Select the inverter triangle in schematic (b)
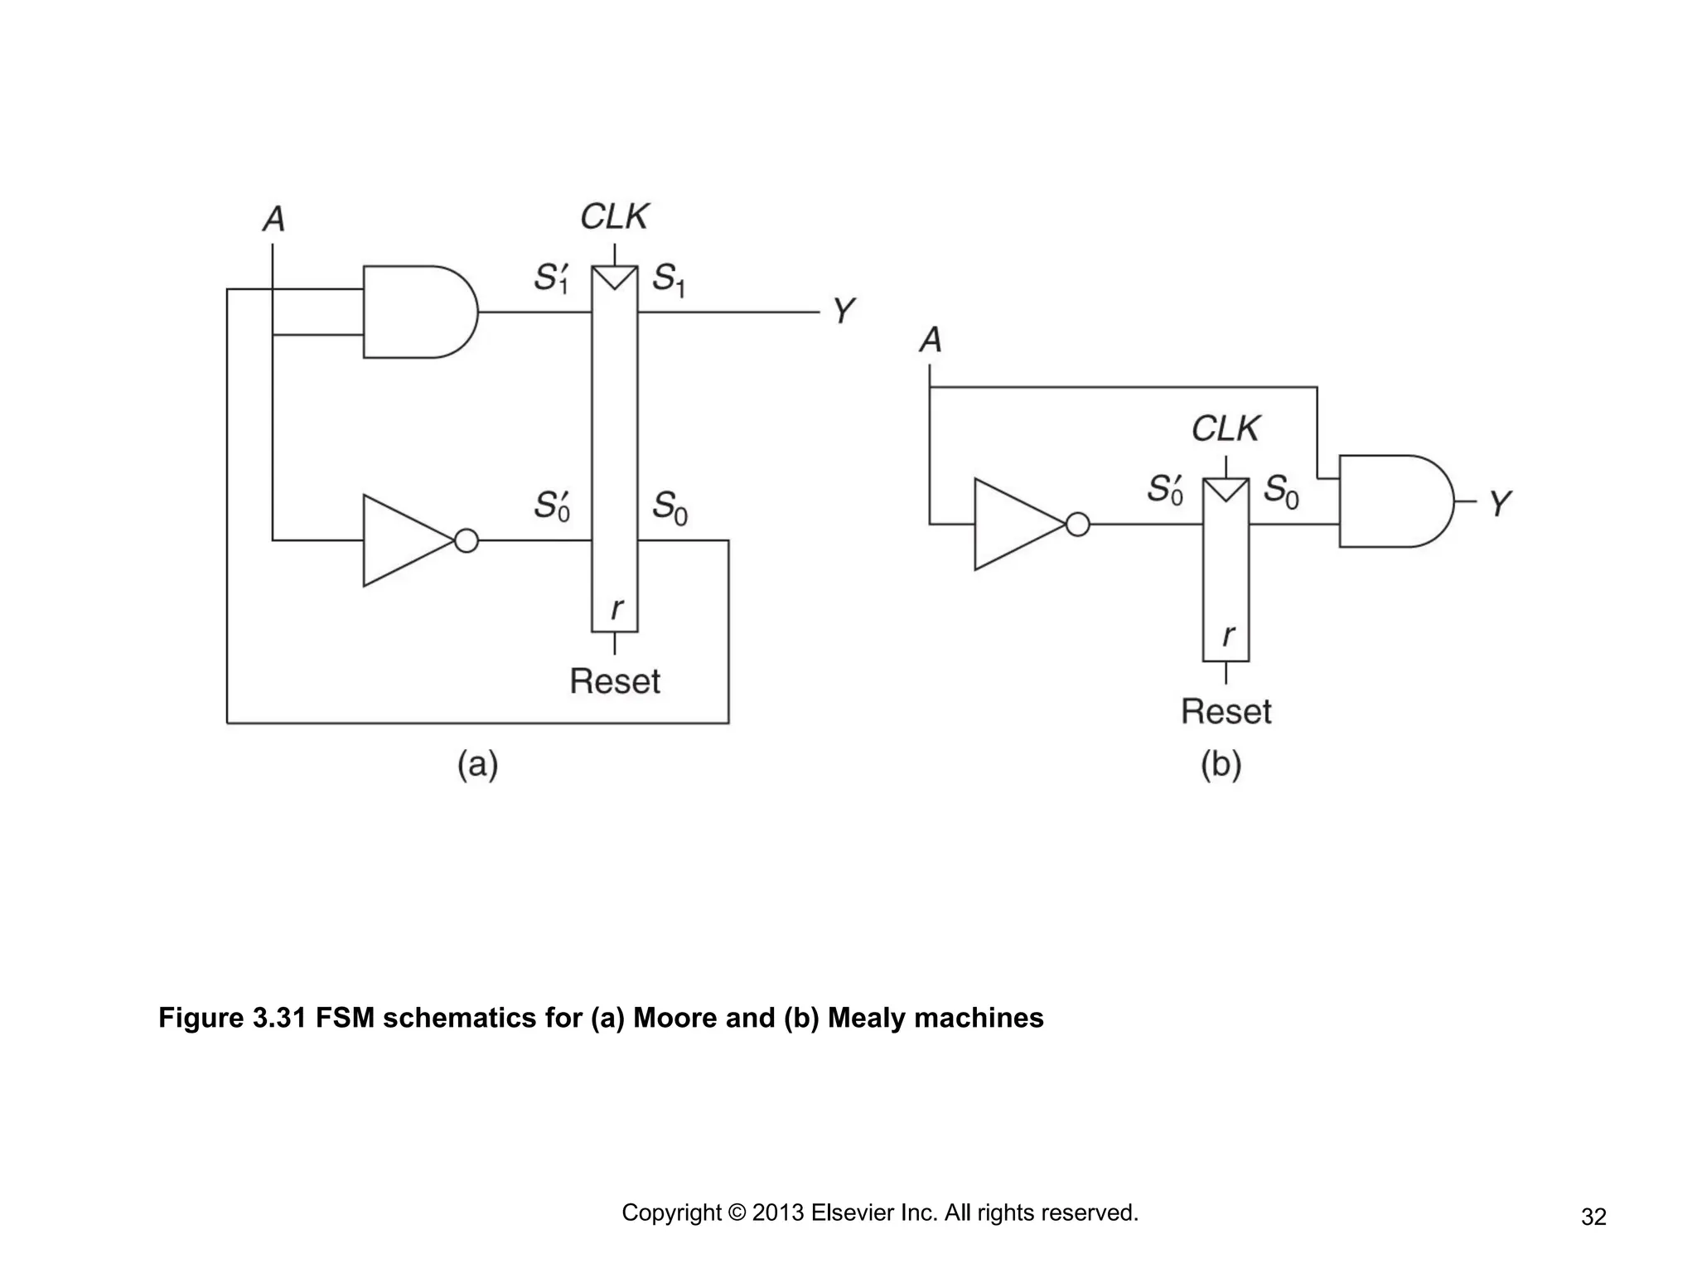click(x=1016, y=524)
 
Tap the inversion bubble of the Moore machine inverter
click(x=467, y=541)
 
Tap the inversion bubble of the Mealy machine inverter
click(x=1077, y=525)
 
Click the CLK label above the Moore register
click(x=614, y=217)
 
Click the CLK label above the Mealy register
click(x=1225, y=429)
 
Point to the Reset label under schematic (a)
click(x=615, y=681)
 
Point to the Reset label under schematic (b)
click(x=1226, y=711)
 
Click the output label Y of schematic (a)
click(x=843, y=312)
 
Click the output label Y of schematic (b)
click(x=1500, y=503)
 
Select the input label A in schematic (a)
click(x=273, y=220)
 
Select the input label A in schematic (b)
click(x=931, y=340)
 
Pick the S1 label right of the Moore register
click(x=668, y=279)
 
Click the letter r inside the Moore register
click(x=616, y=609)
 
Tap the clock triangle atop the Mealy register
click(x=1226, y=491)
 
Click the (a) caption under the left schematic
click(x=477, y=764)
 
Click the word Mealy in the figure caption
click(x=867, y=1018)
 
